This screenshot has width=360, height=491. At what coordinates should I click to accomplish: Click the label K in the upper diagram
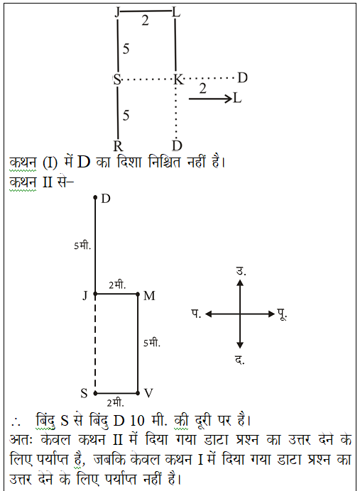(x=179, y=79)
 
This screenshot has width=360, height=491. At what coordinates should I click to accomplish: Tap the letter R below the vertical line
(x=118, y=146)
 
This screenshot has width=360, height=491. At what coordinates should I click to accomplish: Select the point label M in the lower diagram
(x=149, y=296)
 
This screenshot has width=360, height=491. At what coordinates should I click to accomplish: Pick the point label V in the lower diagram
(x=148, y=393)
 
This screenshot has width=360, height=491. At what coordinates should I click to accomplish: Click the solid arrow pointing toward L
(x=210, y=99)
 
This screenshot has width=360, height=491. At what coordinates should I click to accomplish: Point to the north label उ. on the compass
(x=241, y=271)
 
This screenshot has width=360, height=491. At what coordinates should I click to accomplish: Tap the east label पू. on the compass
(x=282, y=314)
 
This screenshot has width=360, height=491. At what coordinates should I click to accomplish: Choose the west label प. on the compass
(x=197, y=314)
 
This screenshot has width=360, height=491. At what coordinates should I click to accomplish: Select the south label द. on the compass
(x=240, y=360)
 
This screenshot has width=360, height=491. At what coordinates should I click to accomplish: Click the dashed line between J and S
(x=95, y=344)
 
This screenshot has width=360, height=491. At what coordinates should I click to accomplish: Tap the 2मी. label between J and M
(x=117, y=285)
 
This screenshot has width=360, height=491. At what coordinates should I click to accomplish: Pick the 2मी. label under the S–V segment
(x=115, y=403)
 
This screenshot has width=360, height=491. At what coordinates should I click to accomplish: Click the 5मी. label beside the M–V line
(x=152, y=343)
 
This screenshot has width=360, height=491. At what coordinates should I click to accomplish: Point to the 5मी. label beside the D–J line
(x=82, y=245)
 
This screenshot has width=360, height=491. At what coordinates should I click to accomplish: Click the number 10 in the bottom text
(x=137, y=421)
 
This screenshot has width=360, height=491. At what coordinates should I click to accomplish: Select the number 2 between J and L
(x=145, y=21)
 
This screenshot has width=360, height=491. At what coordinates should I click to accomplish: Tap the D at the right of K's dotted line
(x=243, y=77)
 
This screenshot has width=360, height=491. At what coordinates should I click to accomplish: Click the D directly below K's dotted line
(x=177, y=146)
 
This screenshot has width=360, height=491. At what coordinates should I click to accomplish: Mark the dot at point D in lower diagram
(x=95, y=197)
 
